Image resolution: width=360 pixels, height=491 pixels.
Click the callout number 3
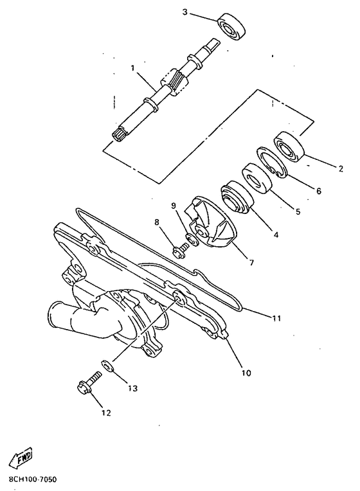(x=185, y=12)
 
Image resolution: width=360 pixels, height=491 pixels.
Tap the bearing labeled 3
(x=231, y=26)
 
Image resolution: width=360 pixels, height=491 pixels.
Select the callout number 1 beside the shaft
(x=133, y=68)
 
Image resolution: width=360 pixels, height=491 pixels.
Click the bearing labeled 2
(x=289, y=147)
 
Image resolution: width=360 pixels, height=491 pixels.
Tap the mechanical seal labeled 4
(x=237, y=197)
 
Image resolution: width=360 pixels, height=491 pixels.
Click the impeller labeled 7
(x=212, y=223)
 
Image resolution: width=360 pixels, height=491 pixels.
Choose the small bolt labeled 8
(x=179, y=251)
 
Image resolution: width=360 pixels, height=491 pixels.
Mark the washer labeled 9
(x=192, y=240)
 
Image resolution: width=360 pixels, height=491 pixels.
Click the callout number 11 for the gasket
(x=276, y=319)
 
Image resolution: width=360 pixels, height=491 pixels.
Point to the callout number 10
(x=246, y=373)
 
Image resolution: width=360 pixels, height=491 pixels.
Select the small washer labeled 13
(x=107, y=365)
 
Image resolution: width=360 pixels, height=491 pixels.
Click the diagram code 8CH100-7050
(x=30, y=479)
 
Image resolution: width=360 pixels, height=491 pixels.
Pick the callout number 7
(x=251, y=262)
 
